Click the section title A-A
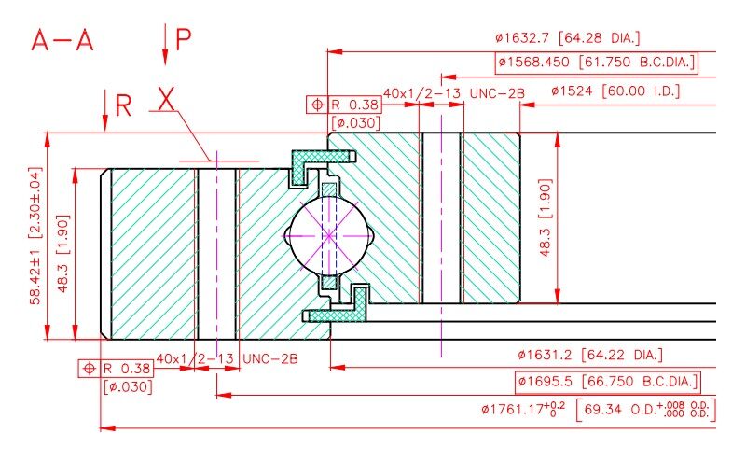pyautogui.click(x=62, y=40)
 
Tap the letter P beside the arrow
pyautogui.click(x=183, y=39)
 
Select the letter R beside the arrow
pyautogui.click(x=123, y=105)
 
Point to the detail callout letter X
pyautogui.click(x=166, y=99)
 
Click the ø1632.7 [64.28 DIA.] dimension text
pyautogui.click(x=568, y=37)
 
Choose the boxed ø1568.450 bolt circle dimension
pyautogui.click(x=597, y=63)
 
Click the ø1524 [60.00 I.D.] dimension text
pyautogui.click(x=615, y=91)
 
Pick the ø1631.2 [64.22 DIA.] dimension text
pyautogui.click(x=590, y=355)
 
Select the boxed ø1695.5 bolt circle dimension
pyautogui.click(x=608, y=382)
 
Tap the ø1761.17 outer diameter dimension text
pyautogui.click(x=599, y=410)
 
